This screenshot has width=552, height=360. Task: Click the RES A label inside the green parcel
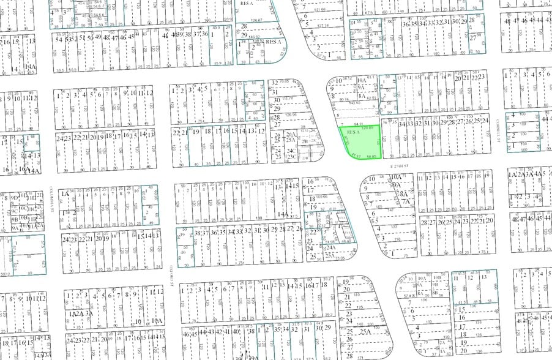tap(352, 132)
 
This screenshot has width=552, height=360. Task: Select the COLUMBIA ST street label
tap(53, 200)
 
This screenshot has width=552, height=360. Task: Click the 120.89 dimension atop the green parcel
tap(367, 127)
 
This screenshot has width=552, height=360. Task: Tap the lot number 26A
tap(291, 133)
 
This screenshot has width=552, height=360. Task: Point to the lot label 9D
tap(13, 198)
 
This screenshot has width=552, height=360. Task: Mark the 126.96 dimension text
tap(291, 114)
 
